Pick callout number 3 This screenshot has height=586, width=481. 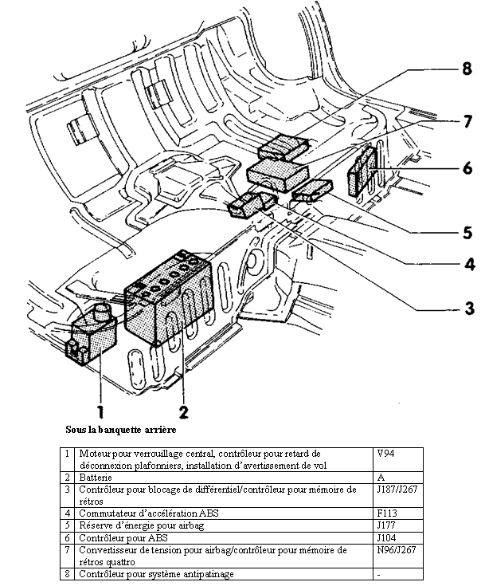tap(469, 306)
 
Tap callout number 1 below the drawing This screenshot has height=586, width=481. tap(101, 411)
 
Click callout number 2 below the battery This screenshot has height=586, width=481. tap(183, 411)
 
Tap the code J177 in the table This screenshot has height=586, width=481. tap(386, 525)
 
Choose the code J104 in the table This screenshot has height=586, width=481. tap(386, 537)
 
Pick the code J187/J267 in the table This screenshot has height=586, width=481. tap(397, 489)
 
